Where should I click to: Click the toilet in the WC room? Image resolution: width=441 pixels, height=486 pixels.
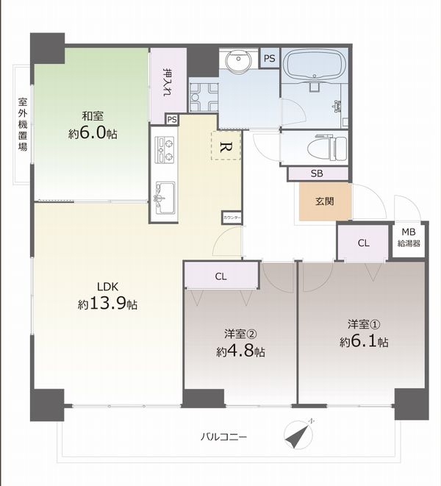pos(327,147)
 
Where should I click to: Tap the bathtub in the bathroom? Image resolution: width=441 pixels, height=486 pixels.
pos(315,65)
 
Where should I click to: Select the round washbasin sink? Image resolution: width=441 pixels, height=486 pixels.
pos(239,60)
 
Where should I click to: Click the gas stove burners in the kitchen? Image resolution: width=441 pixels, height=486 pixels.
pos(165,150)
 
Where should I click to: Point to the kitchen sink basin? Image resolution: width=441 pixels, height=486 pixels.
pos(165,197)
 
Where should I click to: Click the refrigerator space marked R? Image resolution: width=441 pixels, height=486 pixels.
pos(226,145)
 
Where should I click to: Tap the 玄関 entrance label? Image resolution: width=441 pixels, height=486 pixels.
pos(324,201)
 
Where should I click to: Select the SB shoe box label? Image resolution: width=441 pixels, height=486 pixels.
pos(317,174)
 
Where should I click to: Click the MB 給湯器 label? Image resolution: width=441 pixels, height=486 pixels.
pos(409,237)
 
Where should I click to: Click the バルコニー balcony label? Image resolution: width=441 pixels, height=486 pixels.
pos(223,437)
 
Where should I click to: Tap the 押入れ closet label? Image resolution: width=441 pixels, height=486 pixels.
pos(168,82)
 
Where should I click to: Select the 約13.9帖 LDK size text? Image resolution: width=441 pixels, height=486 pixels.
pos(107,304)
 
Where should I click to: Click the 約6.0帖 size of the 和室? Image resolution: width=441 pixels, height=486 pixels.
pos(93,133)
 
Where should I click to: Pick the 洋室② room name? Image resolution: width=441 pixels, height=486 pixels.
pos(240,334)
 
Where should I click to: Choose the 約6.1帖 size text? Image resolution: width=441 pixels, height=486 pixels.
pos(364,341)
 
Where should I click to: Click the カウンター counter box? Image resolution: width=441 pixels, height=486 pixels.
pos(232,218)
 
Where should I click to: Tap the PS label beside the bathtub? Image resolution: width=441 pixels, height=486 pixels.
pos(270,58)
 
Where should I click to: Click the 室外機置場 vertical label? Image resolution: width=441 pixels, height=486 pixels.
pos(22,124)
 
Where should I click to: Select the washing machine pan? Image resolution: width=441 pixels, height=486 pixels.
pos(204,97)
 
